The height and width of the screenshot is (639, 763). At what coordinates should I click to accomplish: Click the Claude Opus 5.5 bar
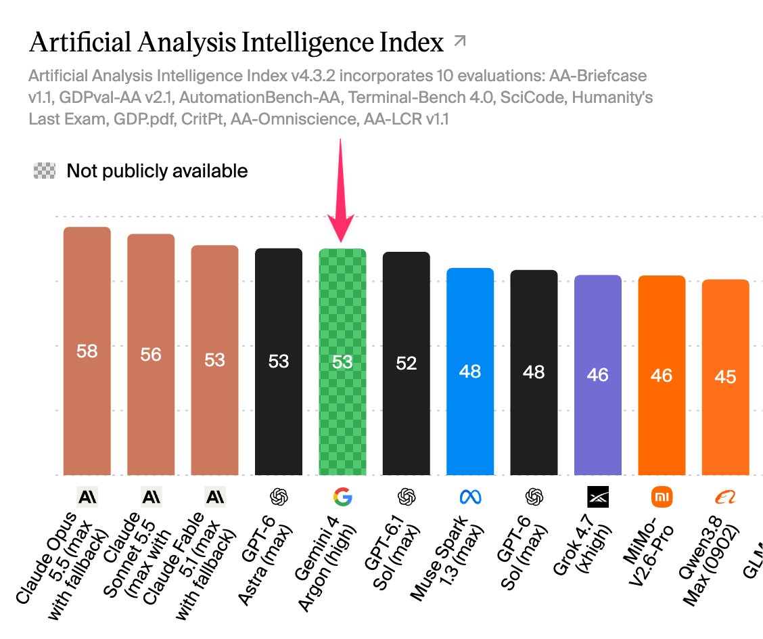pyautogui.click(x=87, y=351)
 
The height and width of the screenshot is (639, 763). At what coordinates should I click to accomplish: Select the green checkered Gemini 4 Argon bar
pyautogui.click(x=342, y=361)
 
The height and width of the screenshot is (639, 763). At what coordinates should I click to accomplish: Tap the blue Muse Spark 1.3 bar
pyautogui.click(x=470, y=371)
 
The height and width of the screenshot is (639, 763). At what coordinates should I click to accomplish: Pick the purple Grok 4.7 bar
pyautogui.click(x=597, y=375)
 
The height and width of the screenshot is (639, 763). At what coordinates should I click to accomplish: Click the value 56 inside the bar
pyautogui.click(x=151, y=355)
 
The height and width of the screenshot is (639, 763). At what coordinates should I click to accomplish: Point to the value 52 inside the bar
pyautogui.click(x=407, y=363)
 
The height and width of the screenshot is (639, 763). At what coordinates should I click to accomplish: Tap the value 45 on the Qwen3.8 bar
pyautogui.click(x=725, y=377)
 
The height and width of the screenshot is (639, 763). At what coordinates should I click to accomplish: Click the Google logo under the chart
pyautogui.click(x=342, y=497)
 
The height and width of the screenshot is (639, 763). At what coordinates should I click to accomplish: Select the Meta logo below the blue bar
pyautogui.click(x=470, y=497)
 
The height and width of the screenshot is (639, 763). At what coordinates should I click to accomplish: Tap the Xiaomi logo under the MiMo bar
pyautogui.click(x=662, y=497)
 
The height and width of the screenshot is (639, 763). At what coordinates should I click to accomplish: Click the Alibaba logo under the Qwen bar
pyautogui.click(x=725, y=498)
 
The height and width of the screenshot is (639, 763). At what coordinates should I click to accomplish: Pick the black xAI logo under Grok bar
pyautogui.click(x=597, y=497)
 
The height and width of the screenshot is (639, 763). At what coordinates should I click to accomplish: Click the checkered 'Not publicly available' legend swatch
pyautogui.click(x=44, y=171)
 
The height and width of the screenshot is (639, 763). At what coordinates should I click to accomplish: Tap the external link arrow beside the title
pyautogui.click(x=459, y=41)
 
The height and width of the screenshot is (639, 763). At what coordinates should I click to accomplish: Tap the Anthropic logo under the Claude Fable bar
pyautogui.click(x=214, y=497)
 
